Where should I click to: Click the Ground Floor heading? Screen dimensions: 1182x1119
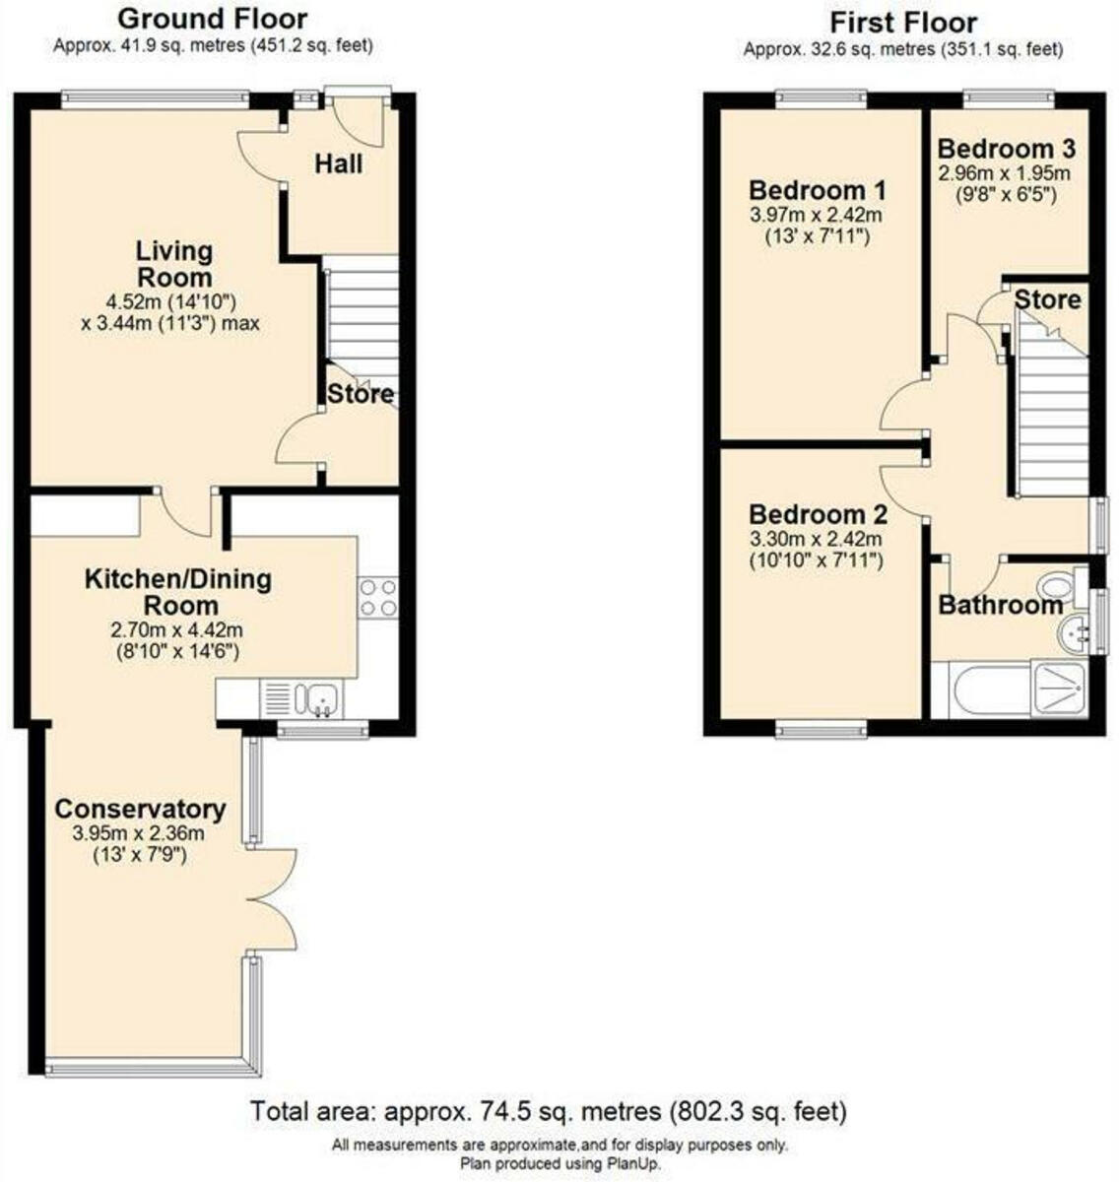[212, 19]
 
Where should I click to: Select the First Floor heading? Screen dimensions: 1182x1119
[902, 22]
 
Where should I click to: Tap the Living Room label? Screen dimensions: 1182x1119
[173, 263]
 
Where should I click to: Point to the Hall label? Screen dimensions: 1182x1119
[338, 164]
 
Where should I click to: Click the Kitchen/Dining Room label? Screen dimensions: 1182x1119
[177, 591]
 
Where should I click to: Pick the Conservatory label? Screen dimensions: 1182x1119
[140, 809]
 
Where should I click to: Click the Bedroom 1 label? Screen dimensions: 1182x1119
[818, 189]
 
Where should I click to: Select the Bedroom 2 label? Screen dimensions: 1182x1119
[818, 514]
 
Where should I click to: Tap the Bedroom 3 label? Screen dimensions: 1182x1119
[1006, 149]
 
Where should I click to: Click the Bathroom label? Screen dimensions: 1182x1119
[1000, 604]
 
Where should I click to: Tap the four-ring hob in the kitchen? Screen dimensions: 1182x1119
[379, 596]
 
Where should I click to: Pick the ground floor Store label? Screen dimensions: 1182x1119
[360, 395]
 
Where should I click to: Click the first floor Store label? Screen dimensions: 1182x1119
[1047, 298]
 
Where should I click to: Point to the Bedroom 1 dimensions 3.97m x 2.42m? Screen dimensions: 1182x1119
[817, 215]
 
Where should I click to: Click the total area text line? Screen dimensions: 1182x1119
[549, 1112]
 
